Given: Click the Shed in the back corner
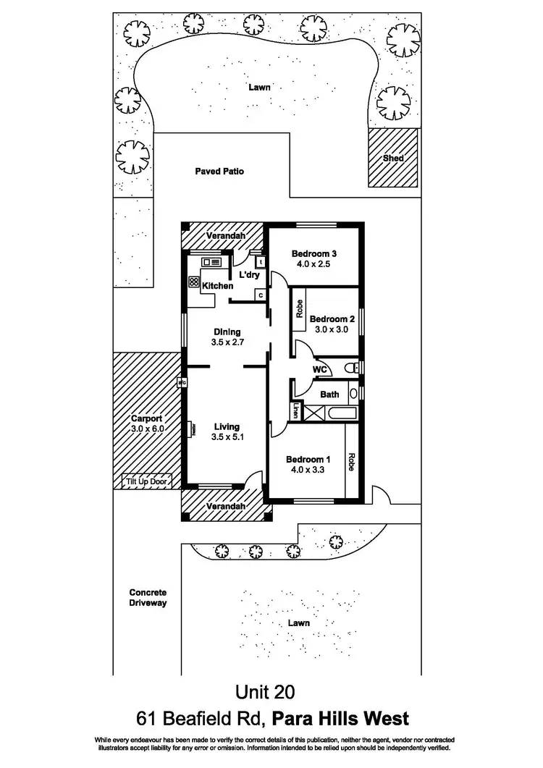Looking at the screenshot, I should (x=393, y=158).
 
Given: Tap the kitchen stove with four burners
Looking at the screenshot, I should (x=193, y=282).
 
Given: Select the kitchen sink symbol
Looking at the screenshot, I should (x=212, y=261).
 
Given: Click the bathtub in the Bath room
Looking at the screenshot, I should (x=340, y=413).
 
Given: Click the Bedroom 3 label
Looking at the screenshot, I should (x=314, y=253).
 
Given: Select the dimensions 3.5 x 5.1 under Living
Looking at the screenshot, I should (x=226, y=437).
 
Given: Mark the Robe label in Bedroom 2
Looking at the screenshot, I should (x=299, y=309).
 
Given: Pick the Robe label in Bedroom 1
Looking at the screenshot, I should (x=352, y=462).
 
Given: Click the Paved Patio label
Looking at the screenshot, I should (x=219, y=172).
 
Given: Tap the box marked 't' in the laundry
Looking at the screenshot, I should (x=260, y=262).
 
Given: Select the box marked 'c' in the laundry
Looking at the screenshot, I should (x=259, y=295).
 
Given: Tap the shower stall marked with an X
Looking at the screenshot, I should (x=314, y=413).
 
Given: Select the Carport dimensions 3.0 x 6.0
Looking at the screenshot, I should (x=148, y=428).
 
